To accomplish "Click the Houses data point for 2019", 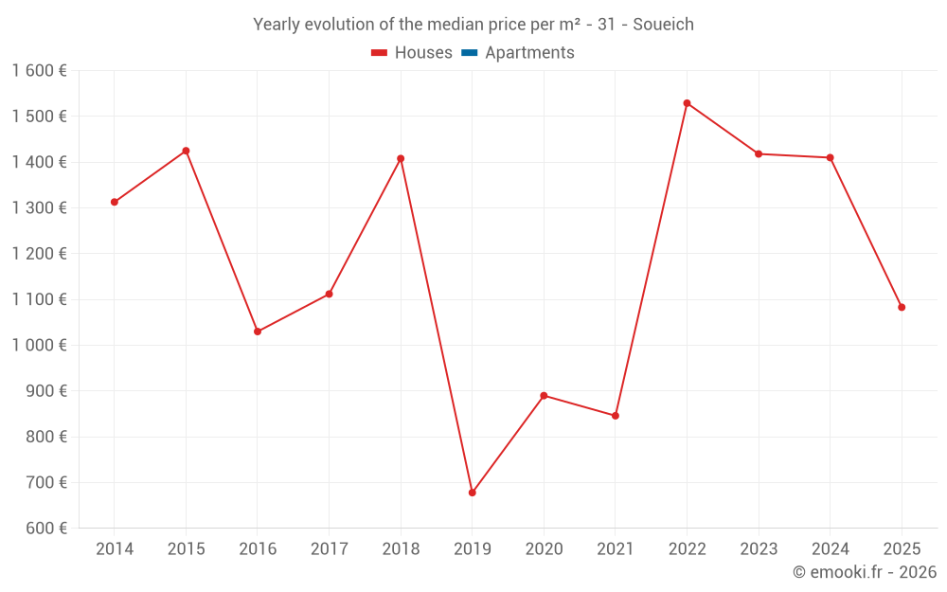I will (x=472, y=493).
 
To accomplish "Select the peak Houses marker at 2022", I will (x=687, y=103).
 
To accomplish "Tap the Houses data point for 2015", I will (x=186, y=151).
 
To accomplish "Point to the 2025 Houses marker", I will (x=902, y=307).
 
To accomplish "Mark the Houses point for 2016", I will (x=258, y=332).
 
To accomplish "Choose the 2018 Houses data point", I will (x=401, y=158).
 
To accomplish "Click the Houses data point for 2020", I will (x=544, y=395).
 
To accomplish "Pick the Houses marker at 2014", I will (x=115, y=202).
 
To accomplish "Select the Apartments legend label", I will (x=529, y=53).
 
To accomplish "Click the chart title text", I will (x=473, y=25).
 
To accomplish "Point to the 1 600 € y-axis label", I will (x=39, y=71).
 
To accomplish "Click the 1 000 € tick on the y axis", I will (x=39, y=346).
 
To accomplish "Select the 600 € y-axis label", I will (x=46, y=529).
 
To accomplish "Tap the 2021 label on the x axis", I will (x=616, y=549).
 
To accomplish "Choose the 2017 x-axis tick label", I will (x=329, y=549).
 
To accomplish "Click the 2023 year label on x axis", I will (x=759, y=549).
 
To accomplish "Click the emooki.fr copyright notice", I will (x=865, y=572).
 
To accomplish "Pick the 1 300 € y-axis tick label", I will (x=39, y=208).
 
